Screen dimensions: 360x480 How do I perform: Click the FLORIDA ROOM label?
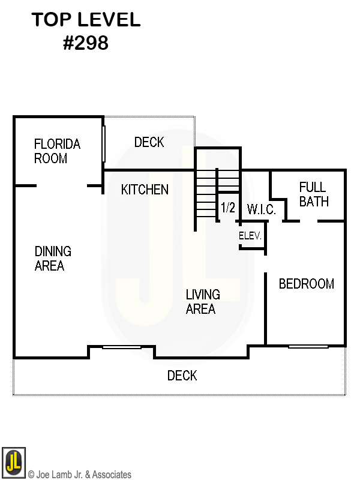(57, 151)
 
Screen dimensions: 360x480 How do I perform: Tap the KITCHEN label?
(145, 190)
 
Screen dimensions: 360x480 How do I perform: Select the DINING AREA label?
(53, 259)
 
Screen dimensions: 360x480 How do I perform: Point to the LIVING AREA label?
(203, 302)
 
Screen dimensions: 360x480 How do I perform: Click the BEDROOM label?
(307, 284)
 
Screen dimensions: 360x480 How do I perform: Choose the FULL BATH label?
(314, 194)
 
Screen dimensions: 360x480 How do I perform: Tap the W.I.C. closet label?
(262, 209)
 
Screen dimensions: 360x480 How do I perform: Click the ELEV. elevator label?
(250, 236)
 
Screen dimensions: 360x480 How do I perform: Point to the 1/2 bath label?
(228, 208)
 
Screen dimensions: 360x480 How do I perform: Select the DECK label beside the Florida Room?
(149, 142)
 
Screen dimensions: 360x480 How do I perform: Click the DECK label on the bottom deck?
(182, 376)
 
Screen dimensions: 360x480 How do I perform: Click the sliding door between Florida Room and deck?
(104, 143)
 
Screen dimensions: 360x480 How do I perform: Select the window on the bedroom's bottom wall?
(308, 347)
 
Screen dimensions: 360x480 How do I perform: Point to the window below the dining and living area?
(122, 347)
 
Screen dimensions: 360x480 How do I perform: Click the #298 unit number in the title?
(86, 43)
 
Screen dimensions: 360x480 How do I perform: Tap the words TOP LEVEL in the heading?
(86, 20)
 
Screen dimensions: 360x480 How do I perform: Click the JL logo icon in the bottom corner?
(14, 462)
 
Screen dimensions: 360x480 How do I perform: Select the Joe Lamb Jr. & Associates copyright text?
(80, 474)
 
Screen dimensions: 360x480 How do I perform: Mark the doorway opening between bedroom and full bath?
(308, 221)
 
